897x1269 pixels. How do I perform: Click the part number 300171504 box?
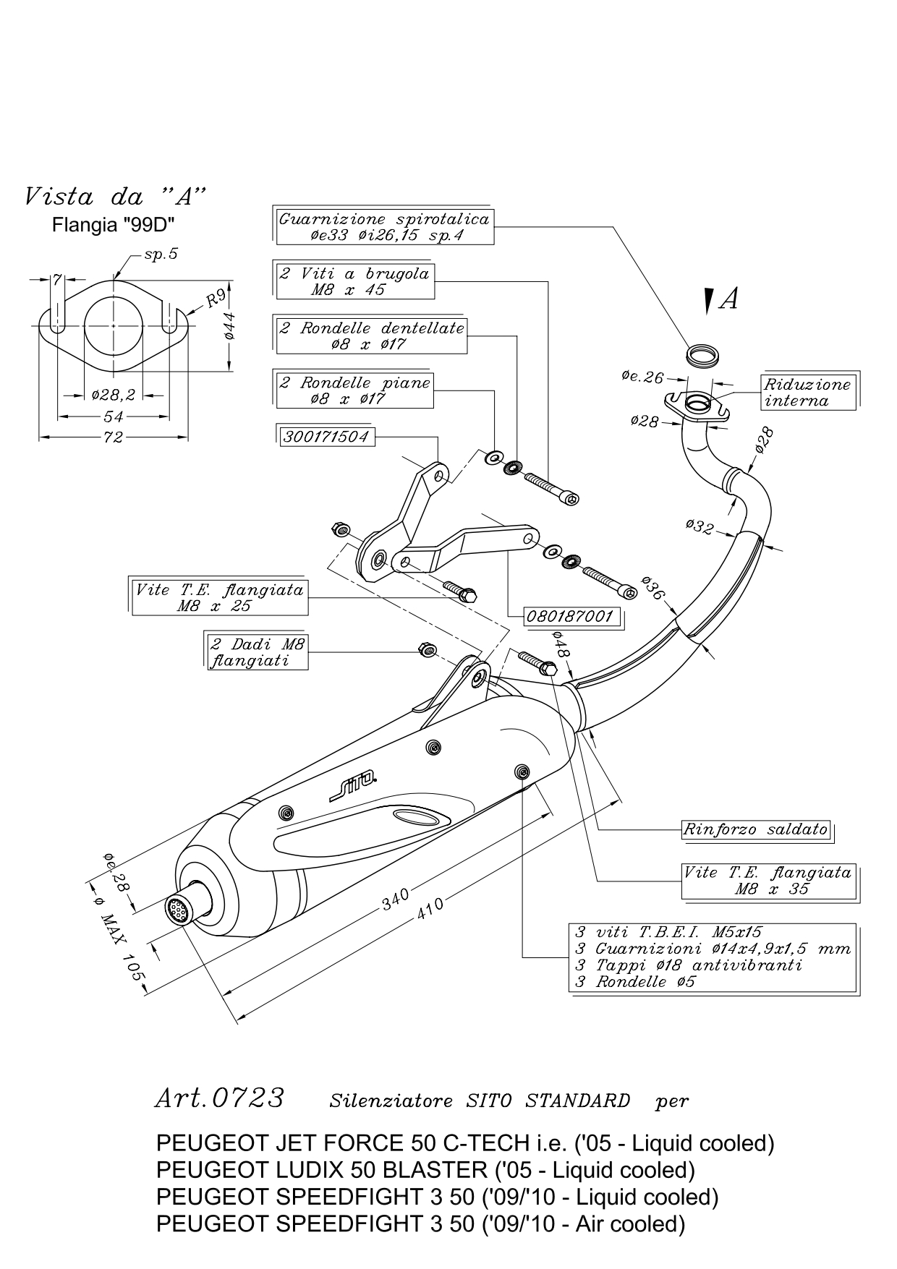click(x=327, y=436)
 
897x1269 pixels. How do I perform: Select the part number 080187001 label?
click(x=571, y=617)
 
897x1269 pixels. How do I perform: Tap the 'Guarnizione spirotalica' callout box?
click(x=385, y=226)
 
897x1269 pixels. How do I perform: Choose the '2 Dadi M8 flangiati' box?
click(x=258, y=651)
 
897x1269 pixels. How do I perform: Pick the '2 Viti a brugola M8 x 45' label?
click(x=355, y=281)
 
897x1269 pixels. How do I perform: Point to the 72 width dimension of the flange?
click(x=114, y=437)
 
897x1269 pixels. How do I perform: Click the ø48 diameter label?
click(x=561, y=643)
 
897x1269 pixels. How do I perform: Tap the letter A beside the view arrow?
click(x=730, y=299)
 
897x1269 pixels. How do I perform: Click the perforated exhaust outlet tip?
click(x=177, y=910)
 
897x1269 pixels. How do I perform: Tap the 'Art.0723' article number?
click(x=220, y=1098)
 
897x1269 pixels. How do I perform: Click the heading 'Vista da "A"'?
click(x=115, y=195)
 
